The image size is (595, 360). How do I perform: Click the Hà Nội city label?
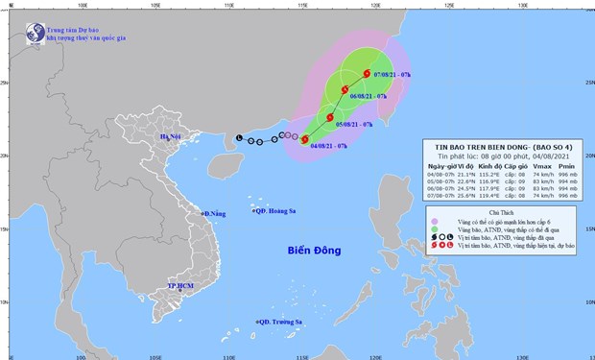pos(171,139)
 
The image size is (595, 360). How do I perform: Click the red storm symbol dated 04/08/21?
pos(305,139)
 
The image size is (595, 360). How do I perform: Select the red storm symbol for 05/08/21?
pos(330,118)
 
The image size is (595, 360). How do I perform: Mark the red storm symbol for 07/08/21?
pos(367,73)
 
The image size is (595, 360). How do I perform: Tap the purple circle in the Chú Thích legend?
pos(433,219)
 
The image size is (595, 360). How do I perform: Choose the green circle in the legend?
pos(433,228)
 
